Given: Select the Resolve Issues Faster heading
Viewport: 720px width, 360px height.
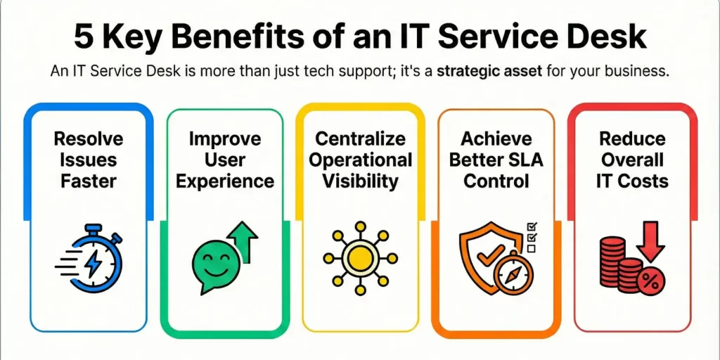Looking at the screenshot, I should click(88, 160).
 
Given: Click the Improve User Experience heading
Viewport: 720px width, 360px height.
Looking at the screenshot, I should click(225, 160).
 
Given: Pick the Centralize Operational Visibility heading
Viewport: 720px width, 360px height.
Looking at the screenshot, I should click(360, 160).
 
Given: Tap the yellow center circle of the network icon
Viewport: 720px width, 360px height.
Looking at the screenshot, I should click(360, 255).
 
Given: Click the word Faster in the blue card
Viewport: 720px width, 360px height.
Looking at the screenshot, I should click(88, 181).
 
